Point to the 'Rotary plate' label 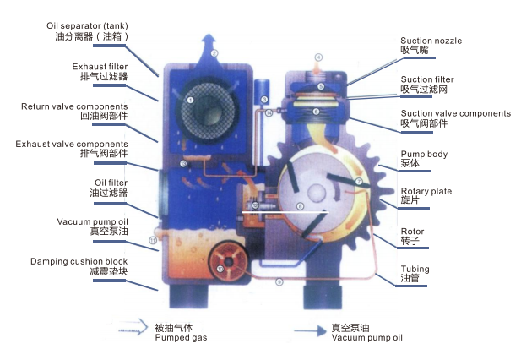(426, 192)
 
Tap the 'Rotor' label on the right (413, 231)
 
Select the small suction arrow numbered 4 (318, 58)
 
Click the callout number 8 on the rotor (299, 206)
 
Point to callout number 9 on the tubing (279, 282)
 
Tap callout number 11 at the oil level (152, 241)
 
